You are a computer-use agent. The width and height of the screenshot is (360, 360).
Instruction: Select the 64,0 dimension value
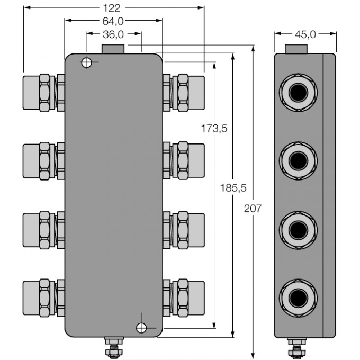113,21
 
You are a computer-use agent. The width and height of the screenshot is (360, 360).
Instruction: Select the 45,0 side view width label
305,34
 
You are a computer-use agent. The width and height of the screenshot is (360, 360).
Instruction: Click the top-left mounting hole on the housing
86,63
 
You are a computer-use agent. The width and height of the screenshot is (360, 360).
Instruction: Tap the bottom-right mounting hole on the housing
141,328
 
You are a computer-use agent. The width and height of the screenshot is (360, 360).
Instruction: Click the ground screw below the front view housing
112,348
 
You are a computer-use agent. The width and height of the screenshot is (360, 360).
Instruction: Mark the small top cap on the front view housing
113,49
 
